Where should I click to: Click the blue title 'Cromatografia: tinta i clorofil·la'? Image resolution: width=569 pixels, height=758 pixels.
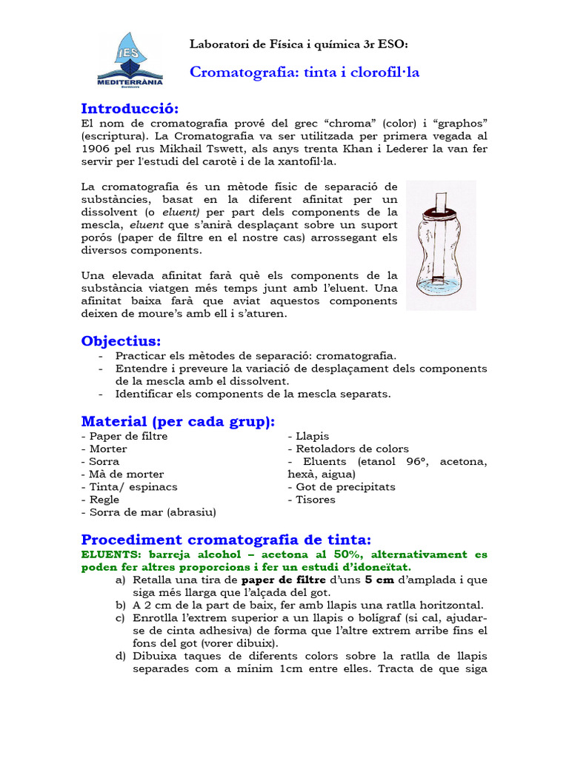305,73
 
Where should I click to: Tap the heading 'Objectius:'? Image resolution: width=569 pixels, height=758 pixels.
121,341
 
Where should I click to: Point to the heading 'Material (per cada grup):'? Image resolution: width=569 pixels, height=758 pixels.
178,421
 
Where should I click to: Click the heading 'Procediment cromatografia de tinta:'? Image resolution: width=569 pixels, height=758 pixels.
226,538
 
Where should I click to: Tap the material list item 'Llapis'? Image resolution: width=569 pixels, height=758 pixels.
311,436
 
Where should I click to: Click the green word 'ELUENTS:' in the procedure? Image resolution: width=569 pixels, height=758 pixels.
108,554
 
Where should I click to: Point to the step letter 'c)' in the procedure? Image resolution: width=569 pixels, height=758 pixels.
120,617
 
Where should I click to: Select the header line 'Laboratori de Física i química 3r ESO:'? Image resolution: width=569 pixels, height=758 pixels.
299,44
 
